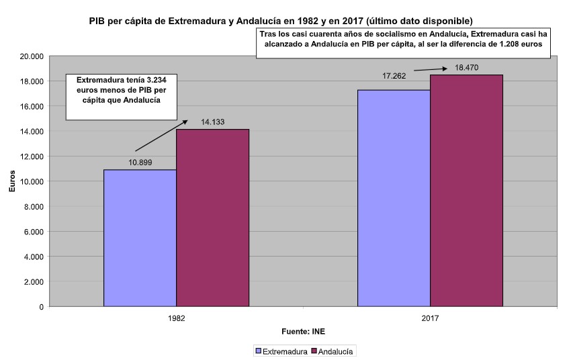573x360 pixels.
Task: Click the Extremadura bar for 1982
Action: tap(140, 238)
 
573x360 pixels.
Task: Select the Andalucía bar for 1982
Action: tap(212, 218)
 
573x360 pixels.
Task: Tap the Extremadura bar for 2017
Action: tap(394, 198)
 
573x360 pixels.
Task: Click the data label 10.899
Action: tap(140, 162)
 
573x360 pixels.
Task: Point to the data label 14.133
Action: tap(212, 122)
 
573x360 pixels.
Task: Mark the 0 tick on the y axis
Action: tap(42, 307)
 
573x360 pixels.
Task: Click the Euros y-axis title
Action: tap(11, 181)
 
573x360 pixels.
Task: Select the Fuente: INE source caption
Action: tap(303, 331)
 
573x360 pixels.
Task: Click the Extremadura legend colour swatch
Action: tap(257, 351)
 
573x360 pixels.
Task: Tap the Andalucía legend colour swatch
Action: tap(313, 351)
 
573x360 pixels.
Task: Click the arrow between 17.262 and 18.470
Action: tap(431, 68)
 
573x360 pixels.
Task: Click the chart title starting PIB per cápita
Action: tap(285, 21)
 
